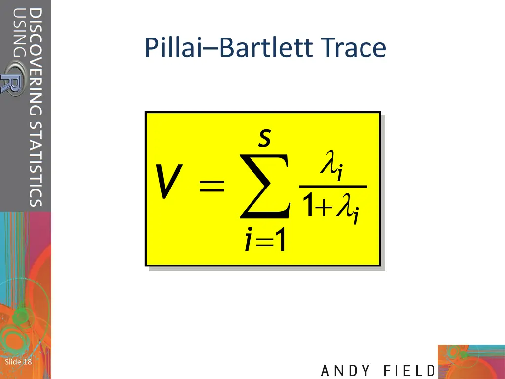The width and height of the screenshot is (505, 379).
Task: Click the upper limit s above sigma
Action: pyautogui.click(x=265, y=139)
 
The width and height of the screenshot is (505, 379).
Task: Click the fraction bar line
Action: pyautogui.click(x=333, y=187)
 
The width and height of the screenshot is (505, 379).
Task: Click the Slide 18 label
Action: pyautogui.click(x=18, y=362)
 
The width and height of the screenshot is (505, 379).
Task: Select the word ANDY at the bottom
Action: pyautogui.click(x=346, y=371)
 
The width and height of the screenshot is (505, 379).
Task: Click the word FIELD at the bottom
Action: pyautogui.click(x=409, y=371)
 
